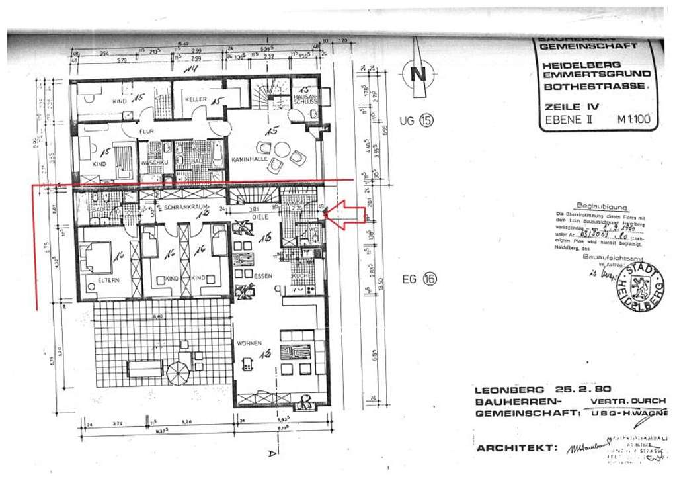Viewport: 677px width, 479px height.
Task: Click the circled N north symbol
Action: tap(418, 73)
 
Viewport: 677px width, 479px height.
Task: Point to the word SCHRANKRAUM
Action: tap(180, 207)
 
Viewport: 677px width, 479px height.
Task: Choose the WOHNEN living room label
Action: tap(251, 343)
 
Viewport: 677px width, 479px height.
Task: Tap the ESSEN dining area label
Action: tap(244, 276)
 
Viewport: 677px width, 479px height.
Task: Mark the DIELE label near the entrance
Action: tap(259, 216)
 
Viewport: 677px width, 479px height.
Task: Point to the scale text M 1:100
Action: tap(633, 120)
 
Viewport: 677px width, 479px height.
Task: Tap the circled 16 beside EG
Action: tap(430, 279)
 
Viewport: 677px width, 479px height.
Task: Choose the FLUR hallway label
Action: tap(147, 132)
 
